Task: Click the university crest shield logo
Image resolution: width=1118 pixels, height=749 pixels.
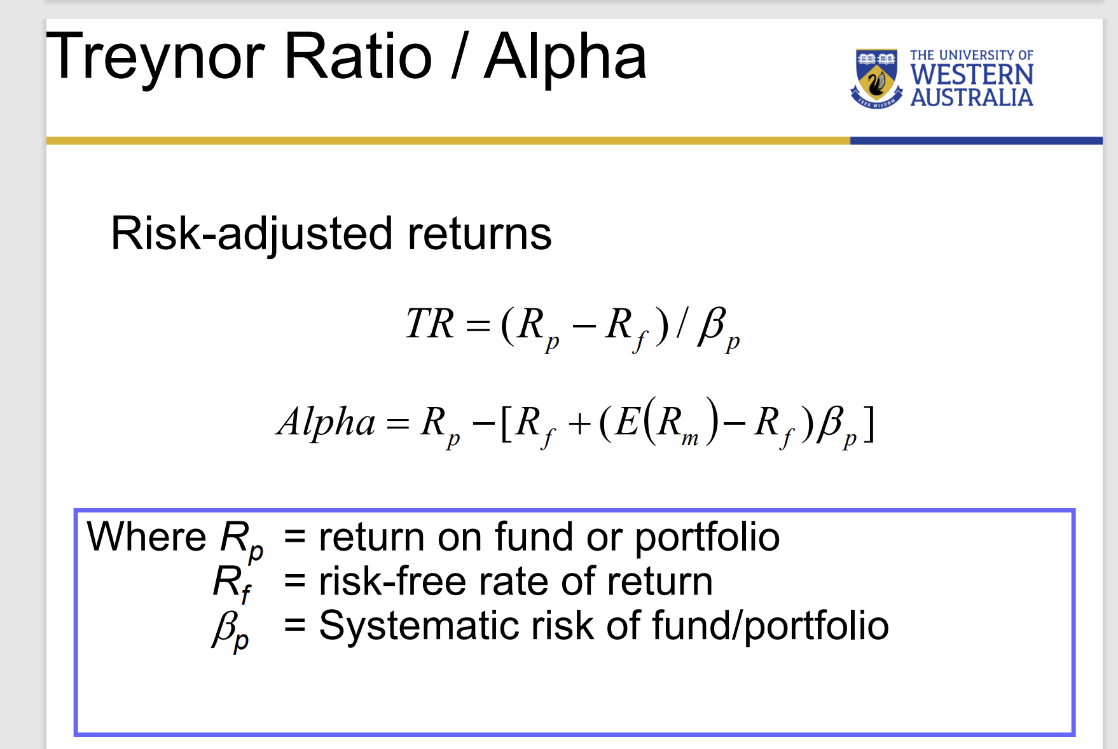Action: click(876, 78)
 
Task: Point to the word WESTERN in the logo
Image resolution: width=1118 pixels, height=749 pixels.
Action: click(971, 75)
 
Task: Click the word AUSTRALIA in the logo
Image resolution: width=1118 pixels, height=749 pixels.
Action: click(971, 97)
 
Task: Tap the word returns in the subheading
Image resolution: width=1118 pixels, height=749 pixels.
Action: click(480, 234)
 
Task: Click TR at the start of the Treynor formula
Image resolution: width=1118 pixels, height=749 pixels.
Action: click(430, 324)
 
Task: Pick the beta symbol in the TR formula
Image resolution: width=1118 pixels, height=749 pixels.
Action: click(712, 325)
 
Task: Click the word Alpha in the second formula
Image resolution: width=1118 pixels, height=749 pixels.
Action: click(326, 422)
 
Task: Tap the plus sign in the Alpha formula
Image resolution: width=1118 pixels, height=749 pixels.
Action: click(579, 423)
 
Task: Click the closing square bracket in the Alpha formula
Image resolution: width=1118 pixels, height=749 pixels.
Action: click(869, 423)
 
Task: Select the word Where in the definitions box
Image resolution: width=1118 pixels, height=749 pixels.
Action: click(146, 537)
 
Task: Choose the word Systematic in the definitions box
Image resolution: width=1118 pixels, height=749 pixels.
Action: click(419, 626)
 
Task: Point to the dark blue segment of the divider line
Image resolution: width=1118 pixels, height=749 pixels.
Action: click(976, 141)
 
